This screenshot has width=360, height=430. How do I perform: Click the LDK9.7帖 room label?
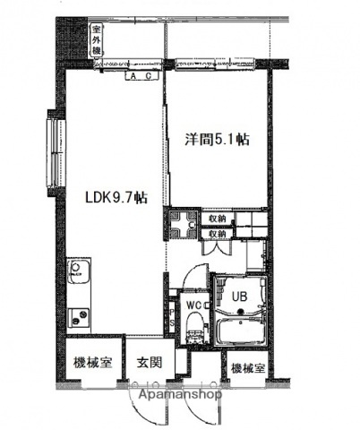116,199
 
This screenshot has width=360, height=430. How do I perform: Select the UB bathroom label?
240,294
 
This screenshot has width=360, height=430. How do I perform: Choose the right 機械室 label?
248,367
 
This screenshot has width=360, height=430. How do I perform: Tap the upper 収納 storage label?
218,218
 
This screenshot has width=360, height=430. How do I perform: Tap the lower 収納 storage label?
218,233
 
